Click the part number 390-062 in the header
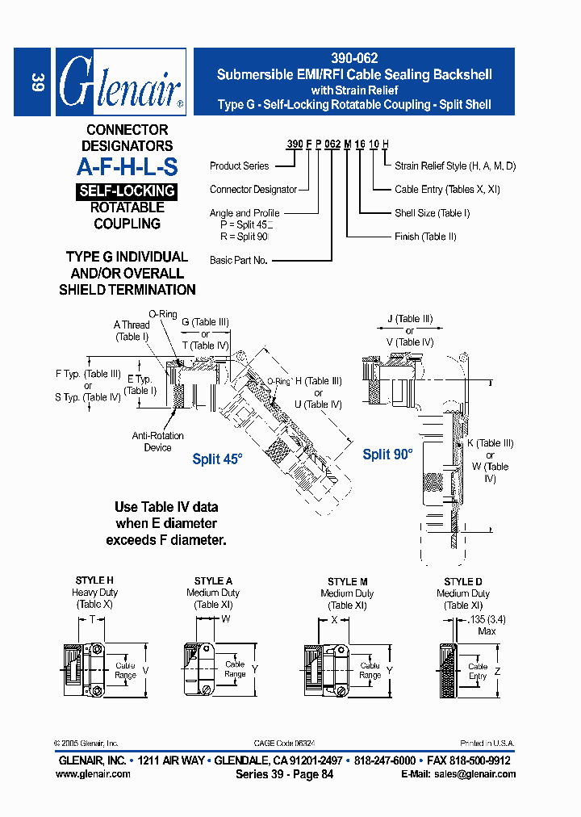coord(354,59)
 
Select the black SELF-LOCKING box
coord(127,191)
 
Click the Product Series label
coord(240,166)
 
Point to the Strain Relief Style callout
coord(454,166)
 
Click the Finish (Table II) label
coord(425,237)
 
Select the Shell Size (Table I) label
coord(432,213)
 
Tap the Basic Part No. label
coord(239,261)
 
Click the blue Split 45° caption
coord(217,459)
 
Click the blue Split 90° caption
coord(387,455)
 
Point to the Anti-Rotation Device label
coord(157,442)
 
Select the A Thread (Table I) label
coord(132,331)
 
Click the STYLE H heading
coord(94,580)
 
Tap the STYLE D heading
coord(463,581)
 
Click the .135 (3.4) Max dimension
coord(486,626)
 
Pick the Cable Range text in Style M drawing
coord(370,670)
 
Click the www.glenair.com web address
coord(93,773)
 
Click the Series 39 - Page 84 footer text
coord(284,773)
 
